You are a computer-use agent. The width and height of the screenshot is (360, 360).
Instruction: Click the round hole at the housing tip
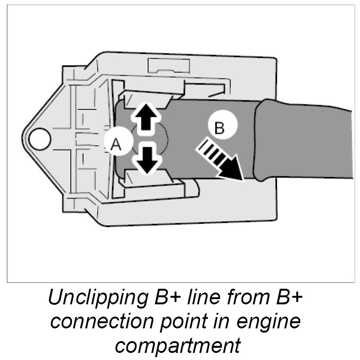(40, 138)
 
